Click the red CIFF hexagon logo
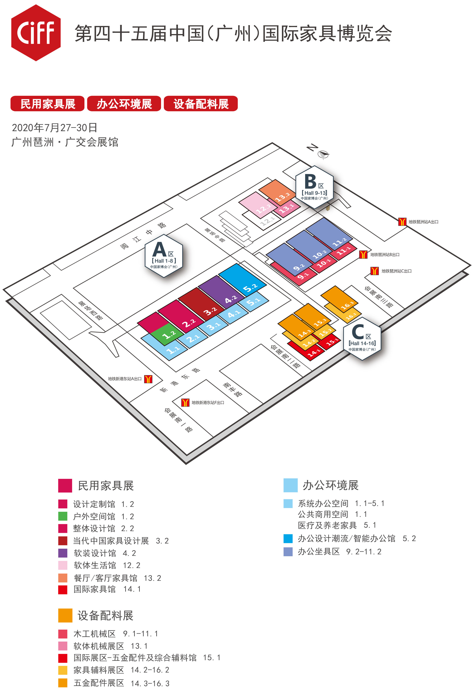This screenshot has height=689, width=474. click(36, 33)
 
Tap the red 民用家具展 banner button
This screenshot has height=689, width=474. click(48, 104)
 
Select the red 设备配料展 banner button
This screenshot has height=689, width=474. click(201, 104)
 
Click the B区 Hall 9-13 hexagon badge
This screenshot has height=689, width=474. click(314, 188)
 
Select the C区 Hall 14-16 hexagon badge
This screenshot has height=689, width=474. click(362, 338)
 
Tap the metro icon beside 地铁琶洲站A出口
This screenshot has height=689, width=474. click(402, 222)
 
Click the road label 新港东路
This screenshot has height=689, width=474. click(180, 380)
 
